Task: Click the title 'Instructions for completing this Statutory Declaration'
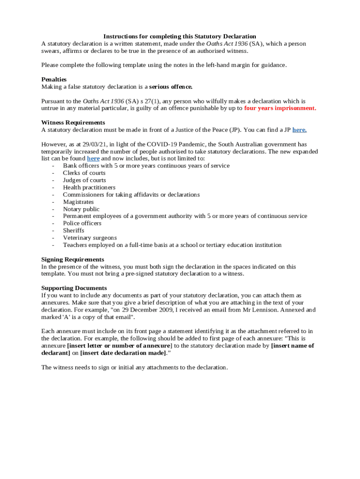pos(180,36)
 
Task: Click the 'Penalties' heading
pos(54,80)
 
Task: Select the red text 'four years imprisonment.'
pos(280,108)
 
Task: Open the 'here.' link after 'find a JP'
pos(299,130)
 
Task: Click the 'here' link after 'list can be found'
pos(93,159)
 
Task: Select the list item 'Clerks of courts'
pos(84,173)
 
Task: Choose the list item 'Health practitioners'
pos(89,188)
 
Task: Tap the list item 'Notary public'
pos(81,209)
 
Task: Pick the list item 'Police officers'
pos(82,223)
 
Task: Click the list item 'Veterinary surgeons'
pos(90,238)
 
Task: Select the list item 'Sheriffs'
pos(73,231)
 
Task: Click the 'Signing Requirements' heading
pos(72,259)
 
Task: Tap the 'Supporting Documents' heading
pos(74,288)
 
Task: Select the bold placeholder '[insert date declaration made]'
pos(123,353)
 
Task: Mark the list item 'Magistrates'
pos(78,202)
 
